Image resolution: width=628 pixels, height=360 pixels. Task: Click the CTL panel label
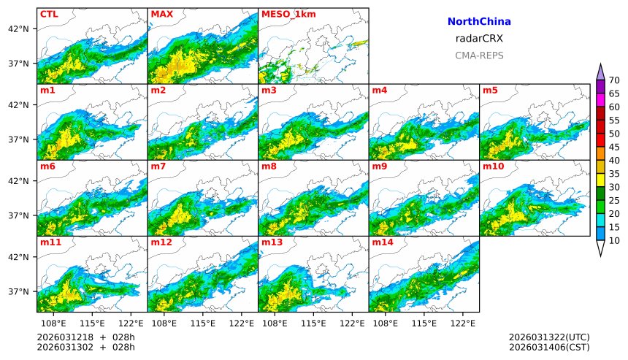pos(49,14)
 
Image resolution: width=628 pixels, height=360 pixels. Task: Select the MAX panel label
pos(161,14)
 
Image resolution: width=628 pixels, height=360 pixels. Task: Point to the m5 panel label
pos(489,91)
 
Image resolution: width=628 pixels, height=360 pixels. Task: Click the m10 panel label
pos(492,166)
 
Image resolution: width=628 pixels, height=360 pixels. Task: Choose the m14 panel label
pos(382,242)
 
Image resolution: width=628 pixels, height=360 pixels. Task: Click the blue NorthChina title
pos(479,22)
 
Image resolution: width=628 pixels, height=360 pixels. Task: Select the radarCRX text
pos(479,39)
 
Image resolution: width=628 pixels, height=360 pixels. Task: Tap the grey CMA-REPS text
pos(479,55)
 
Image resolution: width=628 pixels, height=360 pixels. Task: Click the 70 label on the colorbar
pos(614,80)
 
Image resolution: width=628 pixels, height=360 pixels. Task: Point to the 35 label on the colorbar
pos(614,174)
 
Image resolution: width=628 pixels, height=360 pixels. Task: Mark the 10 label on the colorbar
pos(614,240)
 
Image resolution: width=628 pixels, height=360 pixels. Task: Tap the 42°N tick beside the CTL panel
pos(18,28)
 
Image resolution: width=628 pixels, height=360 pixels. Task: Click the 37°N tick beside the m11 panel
pos(18,291)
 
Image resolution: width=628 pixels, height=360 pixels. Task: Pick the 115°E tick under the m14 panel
pos(424,322)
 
